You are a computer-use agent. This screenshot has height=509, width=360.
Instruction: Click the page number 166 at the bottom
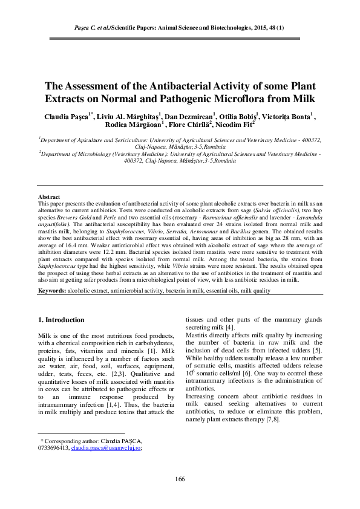click(x=180, y=479)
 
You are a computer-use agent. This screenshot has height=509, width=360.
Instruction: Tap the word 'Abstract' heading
click(x=49, y=197)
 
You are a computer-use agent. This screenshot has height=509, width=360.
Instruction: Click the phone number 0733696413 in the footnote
click(x=54, y=448)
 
